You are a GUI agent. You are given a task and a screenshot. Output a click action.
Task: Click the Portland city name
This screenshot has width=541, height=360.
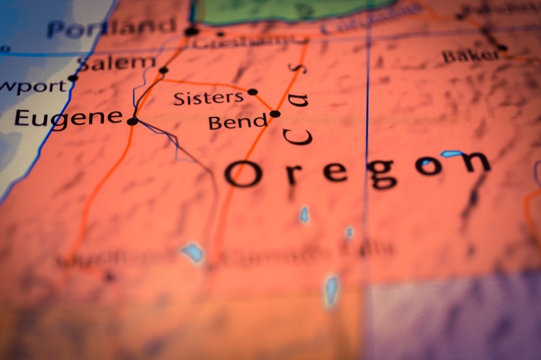[x=111, y=27]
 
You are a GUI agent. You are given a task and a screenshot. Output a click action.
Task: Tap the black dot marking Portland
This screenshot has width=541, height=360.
[x=191, y=31]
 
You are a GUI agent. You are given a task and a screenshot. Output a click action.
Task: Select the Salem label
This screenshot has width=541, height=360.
[x=116, y=63]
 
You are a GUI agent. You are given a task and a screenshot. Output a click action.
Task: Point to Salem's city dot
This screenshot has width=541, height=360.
[x=164, y=70]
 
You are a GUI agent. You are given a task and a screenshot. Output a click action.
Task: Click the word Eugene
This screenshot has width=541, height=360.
[x=69, y=118]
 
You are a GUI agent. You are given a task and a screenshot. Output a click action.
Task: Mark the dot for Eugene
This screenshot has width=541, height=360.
[x=133, y=121]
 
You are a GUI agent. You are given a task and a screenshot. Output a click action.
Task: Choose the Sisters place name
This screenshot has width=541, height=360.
[x=209, y=98]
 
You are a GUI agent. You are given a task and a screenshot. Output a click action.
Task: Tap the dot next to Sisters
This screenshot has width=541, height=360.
[x=253, y=92]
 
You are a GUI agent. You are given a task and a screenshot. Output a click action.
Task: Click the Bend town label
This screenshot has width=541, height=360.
[x=238, y=122]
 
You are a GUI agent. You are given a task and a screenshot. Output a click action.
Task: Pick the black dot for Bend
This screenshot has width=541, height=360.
[x=275, y=113]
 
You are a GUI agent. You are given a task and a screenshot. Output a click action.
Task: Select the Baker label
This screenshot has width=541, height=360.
[x=470, y=55]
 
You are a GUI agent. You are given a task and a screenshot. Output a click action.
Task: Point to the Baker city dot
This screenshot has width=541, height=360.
[x=502, y=48]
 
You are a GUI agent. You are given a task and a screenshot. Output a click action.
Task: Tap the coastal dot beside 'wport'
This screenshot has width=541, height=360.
[x=73, y=78]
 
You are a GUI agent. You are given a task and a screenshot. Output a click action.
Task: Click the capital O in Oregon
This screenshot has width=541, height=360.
[x=243, y=174]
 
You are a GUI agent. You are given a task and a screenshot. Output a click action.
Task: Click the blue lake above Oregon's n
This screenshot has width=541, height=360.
[x=451, y=154]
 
